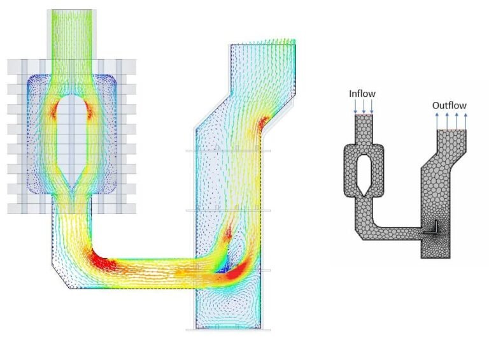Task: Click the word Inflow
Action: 362,94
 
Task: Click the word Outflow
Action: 449,105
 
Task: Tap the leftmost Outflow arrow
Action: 437,121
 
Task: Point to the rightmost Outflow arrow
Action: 465,121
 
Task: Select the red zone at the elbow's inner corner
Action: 103,261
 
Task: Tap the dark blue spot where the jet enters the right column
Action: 223,270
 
